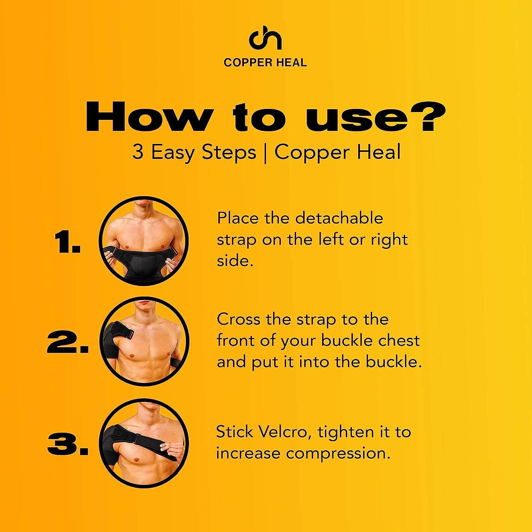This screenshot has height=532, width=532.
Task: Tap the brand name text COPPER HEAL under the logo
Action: coord(265,63)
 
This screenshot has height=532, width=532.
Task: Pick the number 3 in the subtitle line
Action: coord(138,153)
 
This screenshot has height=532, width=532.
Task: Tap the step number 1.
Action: coord(67,244)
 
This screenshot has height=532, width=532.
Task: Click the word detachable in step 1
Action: coord(339,218)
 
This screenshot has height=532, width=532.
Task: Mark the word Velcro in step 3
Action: coord(279,432)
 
